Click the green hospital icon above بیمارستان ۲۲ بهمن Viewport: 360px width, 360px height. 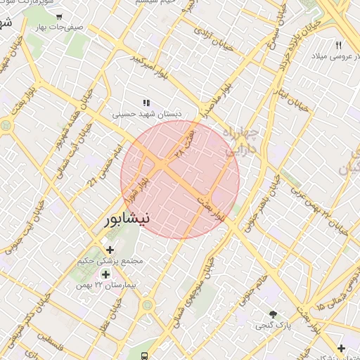(x=105, y=274)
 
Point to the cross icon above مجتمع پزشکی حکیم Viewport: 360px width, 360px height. (x=110, y=249)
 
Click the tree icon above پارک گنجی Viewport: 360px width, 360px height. (x=273, y=314)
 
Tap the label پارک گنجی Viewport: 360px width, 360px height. (x=274, y=326)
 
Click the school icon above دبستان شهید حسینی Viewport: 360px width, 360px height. (x=146, y=103)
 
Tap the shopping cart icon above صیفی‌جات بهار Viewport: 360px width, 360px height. (x=58, y=15)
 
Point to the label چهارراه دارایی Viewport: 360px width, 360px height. (x=240, y=141)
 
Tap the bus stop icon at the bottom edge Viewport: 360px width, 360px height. (x=144, y=356)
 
